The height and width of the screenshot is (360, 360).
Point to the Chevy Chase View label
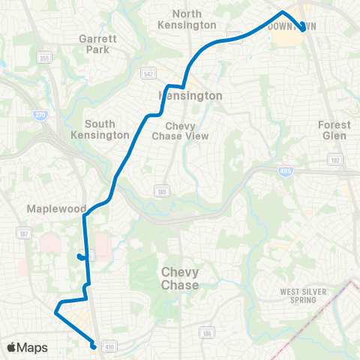point(174,130)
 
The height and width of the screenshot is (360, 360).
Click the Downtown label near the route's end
point(292,25)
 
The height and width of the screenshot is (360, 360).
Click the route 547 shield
point(150,73)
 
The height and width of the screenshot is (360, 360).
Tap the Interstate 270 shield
point(39,115)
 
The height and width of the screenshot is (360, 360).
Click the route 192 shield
point(334,160)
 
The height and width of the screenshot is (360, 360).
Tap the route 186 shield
point(206,332)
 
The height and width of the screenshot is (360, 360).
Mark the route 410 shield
point(109,347)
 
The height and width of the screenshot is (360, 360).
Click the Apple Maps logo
point(27,347)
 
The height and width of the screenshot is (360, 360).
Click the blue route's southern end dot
point(93,346)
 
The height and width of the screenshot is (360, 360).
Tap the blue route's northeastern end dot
point(302,30)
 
